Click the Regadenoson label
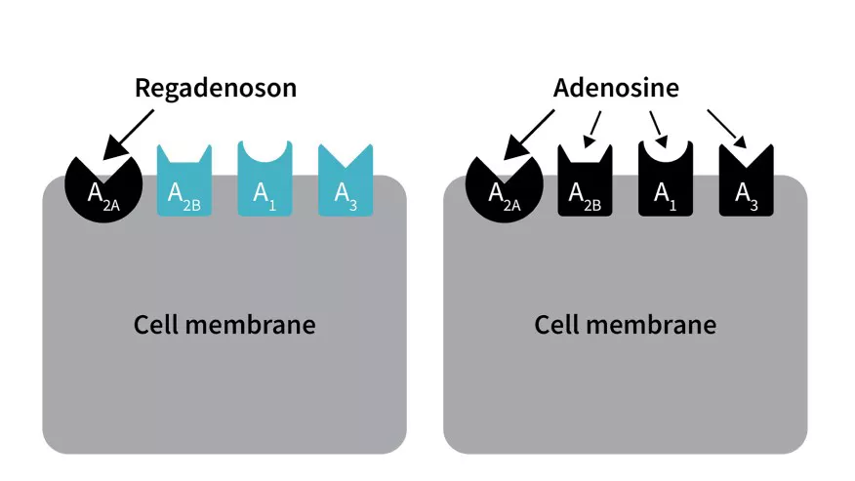tap(216, 89)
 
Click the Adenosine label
tap(616, 88)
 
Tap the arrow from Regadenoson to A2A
tap(129, 135)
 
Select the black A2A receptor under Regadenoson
tap(103, 188)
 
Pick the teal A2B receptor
tap(184, 180)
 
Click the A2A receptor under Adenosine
tap(505, 188)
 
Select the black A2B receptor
tap(585, 180)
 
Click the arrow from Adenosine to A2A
tap(529, 135)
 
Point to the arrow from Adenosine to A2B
tap(592, 130)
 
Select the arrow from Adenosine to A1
tap(659, 130)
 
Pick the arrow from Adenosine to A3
tap(727, 129)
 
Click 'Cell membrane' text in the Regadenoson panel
tap(224, 325)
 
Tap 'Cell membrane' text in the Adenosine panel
tap(626, 325)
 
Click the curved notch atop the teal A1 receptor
tap(265, 151)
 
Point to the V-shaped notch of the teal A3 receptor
tap(346, 156)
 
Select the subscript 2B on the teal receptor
tap(191, 206)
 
